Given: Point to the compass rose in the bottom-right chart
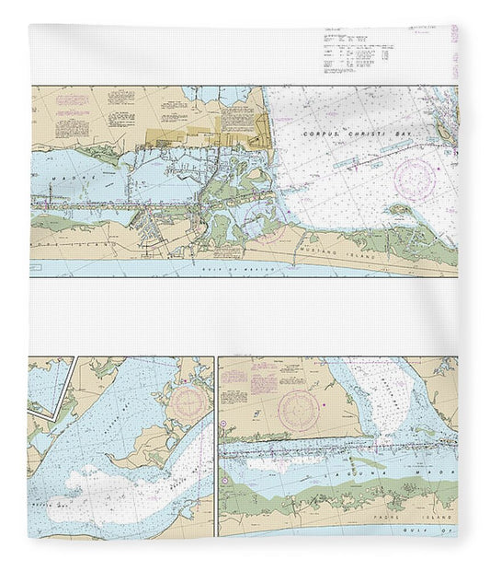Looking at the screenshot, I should click(x=300, y=405).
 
